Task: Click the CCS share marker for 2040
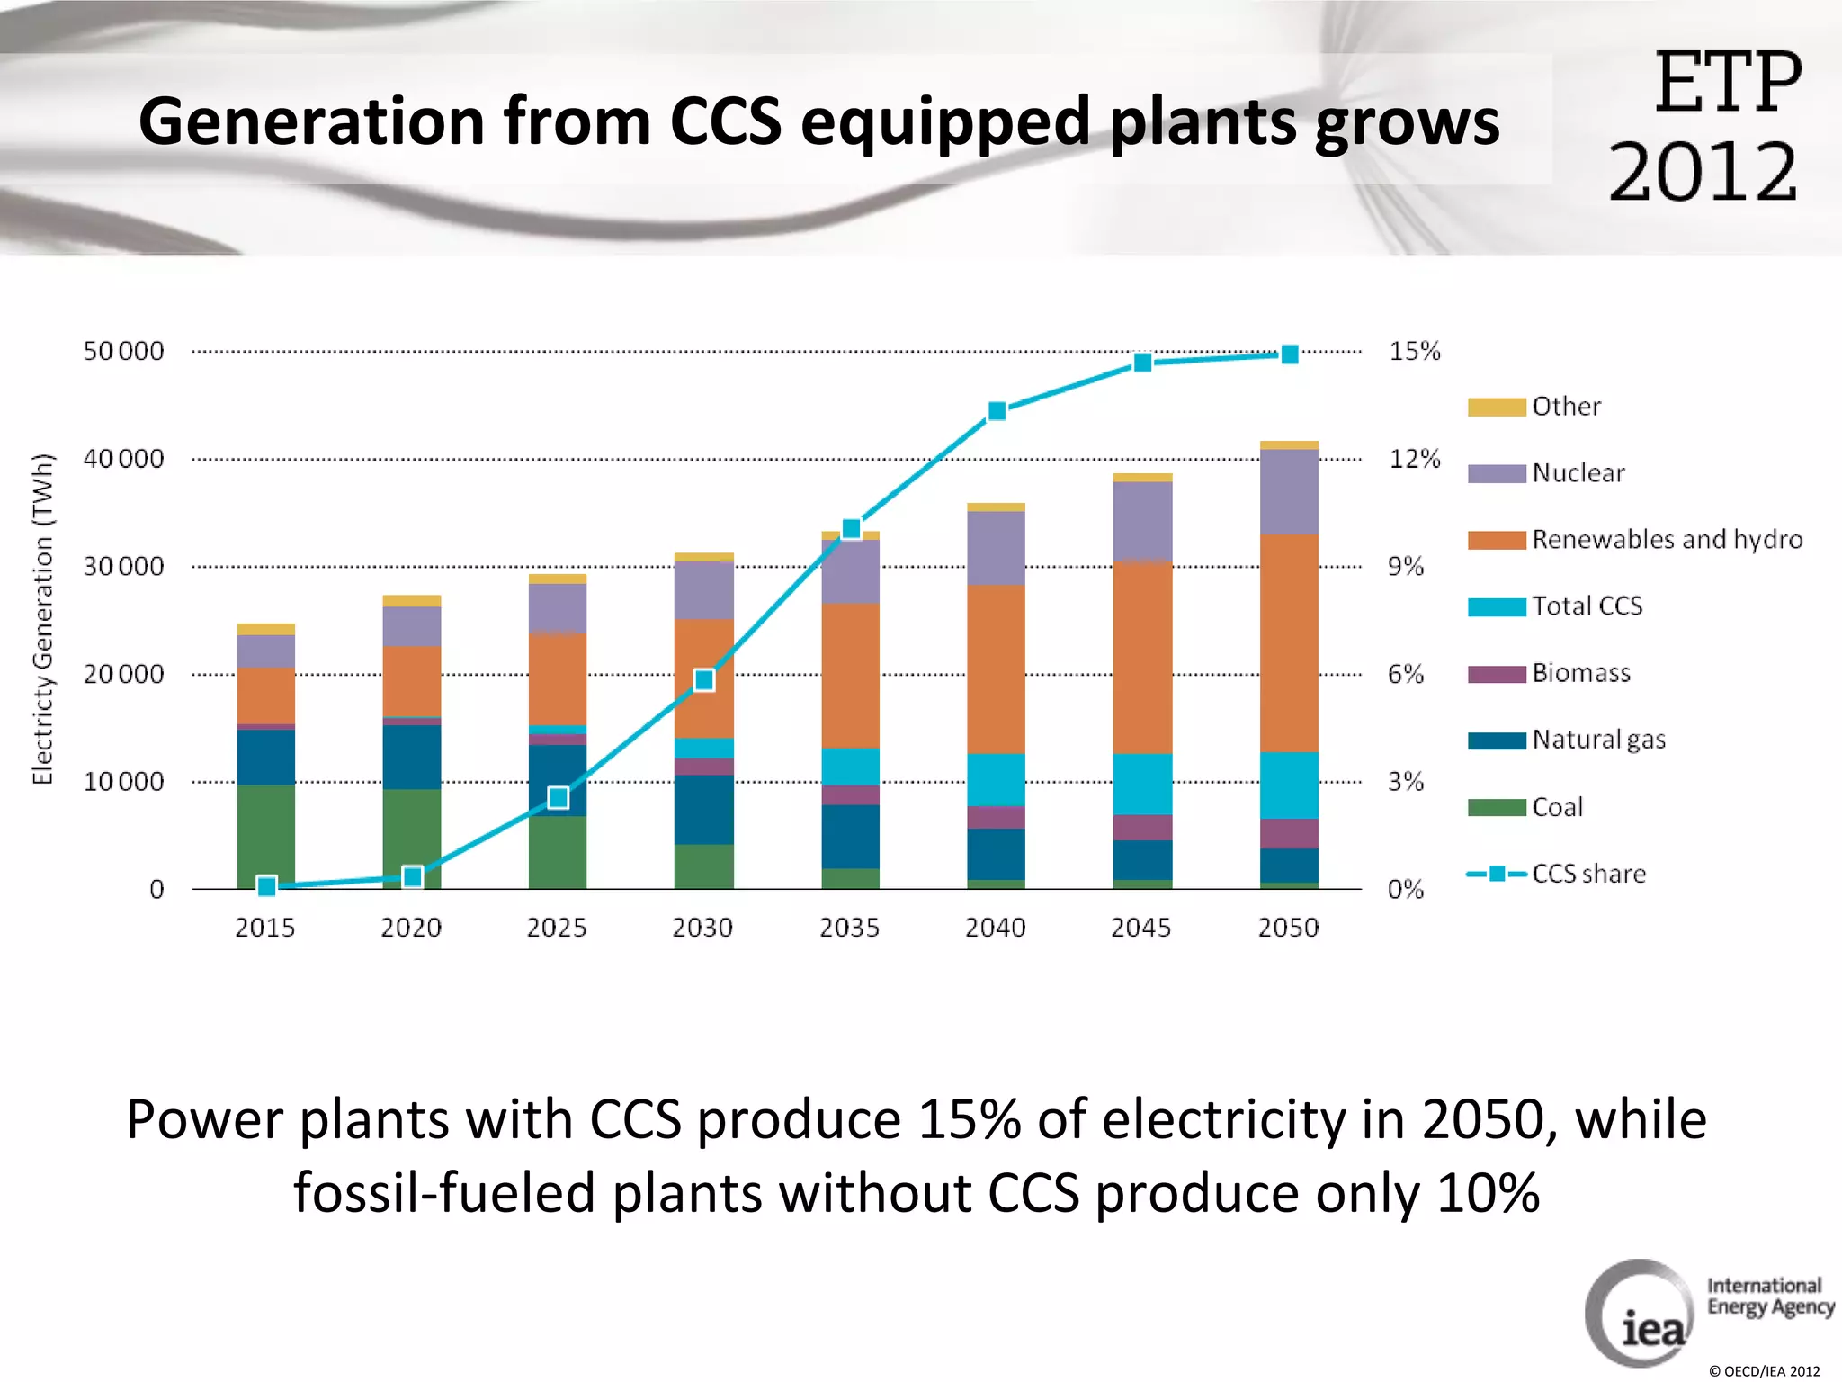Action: (997, 411)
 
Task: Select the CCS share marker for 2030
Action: (704, 680)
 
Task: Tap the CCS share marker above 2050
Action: (1289, 354)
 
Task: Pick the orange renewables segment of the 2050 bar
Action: (1289, 643)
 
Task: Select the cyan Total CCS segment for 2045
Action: (1142, 784)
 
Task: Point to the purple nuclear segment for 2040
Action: (996, 548)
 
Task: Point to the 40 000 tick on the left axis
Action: (123, 459)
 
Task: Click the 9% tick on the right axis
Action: (1406, 567)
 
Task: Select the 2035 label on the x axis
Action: (849, 928)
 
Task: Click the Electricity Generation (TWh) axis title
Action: (43, 619)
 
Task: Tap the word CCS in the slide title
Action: (725, 121)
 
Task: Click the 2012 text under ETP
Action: (1703, 172)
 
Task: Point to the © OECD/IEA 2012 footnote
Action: (1764, 1371)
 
